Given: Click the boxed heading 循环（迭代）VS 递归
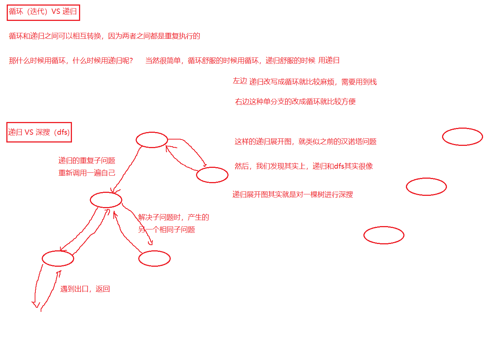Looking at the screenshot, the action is (x=43, y=12).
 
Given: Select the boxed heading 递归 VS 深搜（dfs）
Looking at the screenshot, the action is (x=39, y=132).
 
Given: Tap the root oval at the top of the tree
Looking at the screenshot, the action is (x=152, y=140).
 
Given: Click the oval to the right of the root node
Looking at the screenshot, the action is (x=212, y=175).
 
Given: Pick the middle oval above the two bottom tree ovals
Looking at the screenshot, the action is (x=106, y=200).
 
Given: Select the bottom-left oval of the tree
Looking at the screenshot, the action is (x=58, y=258).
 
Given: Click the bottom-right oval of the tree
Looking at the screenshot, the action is (x=154, y=259).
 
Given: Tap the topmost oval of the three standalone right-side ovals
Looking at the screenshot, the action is (x=462, y=137).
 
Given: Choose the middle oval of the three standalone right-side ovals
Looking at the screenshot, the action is (x=426, y=187).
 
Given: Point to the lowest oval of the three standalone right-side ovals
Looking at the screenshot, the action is (x=384, y=235).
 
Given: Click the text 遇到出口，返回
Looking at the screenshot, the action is (x=85, y=289).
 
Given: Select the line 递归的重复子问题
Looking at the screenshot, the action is (x=87, y=160).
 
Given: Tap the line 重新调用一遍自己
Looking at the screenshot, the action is (x=87, y=173).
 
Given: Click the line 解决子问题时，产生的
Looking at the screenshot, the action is (x=174, y=217).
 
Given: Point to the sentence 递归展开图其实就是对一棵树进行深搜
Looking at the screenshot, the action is (x=293, y=194).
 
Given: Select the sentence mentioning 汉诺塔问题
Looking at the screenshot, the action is (x=305, y=141).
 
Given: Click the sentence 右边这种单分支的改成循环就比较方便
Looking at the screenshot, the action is (x=295, y=101).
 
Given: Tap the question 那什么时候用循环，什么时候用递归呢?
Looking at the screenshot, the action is (x=71, y=60).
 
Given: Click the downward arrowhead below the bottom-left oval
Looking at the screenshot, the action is (x=36, y=305).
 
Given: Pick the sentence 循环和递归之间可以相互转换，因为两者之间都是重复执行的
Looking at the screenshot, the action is (x=104, y=36).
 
